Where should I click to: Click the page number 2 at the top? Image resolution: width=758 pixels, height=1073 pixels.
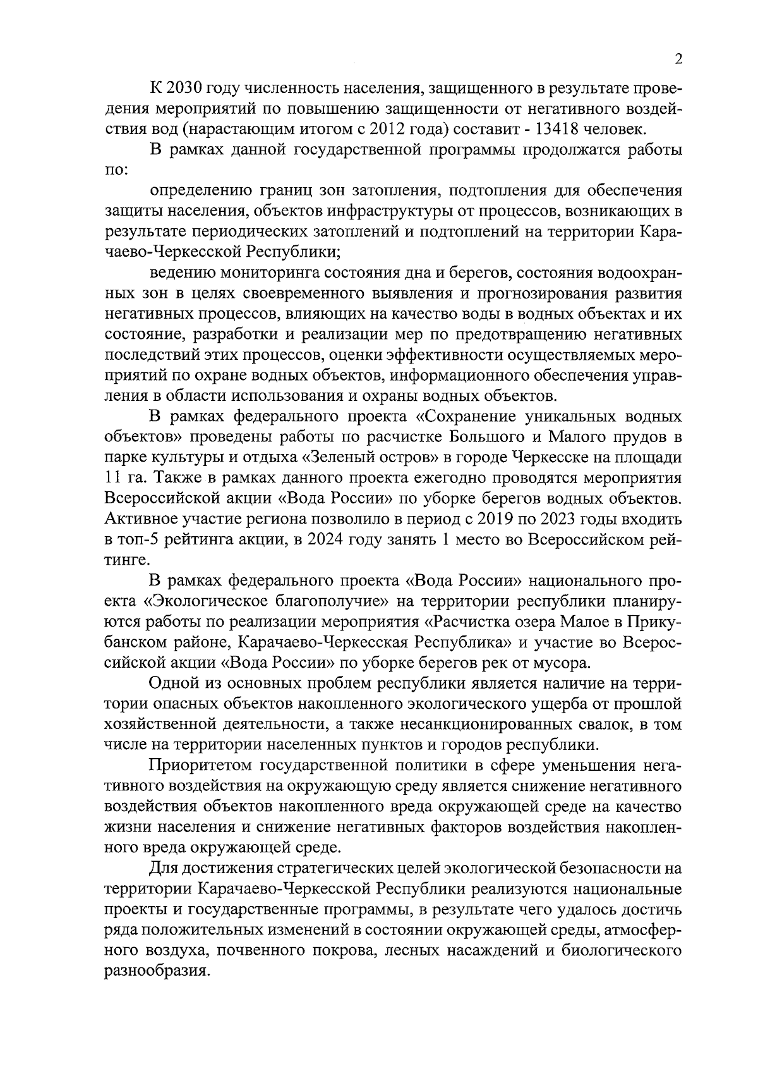678,59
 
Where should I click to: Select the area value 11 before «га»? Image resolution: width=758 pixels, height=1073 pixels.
115,478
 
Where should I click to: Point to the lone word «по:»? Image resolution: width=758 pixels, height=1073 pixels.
117,170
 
